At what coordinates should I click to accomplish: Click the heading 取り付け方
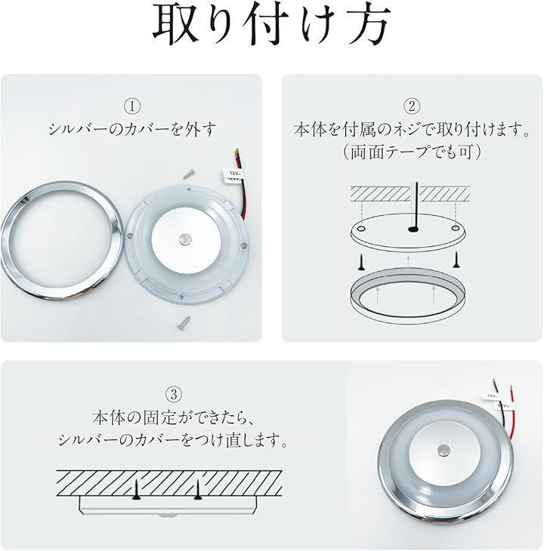pos(271,25)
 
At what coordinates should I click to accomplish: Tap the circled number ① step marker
pos(132,106)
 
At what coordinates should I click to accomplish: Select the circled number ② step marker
pos(412,106)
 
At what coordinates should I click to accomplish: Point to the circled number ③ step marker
pos(173,394)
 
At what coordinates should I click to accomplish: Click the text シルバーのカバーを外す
pos(132,129)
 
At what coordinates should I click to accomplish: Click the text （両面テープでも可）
pos(412,152)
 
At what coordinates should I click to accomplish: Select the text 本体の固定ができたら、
pos(173,417)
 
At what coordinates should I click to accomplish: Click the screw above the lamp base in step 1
pos(190,174)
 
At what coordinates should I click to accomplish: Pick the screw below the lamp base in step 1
pos(184,322)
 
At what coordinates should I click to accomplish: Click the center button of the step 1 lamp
pos(184,240)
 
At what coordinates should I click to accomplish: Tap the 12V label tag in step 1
pos(233,174)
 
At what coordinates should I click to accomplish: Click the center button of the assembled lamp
pos(444,450)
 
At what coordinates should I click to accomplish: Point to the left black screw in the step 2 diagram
pos(361,261)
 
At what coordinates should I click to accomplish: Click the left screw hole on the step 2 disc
pos(361,229)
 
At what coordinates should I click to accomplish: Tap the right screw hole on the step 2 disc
pos(456,229)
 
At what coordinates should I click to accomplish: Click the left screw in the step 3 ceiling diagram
pos(135,491)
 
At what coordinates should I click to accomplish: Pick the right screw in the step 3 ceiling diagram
pos(197,491)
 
